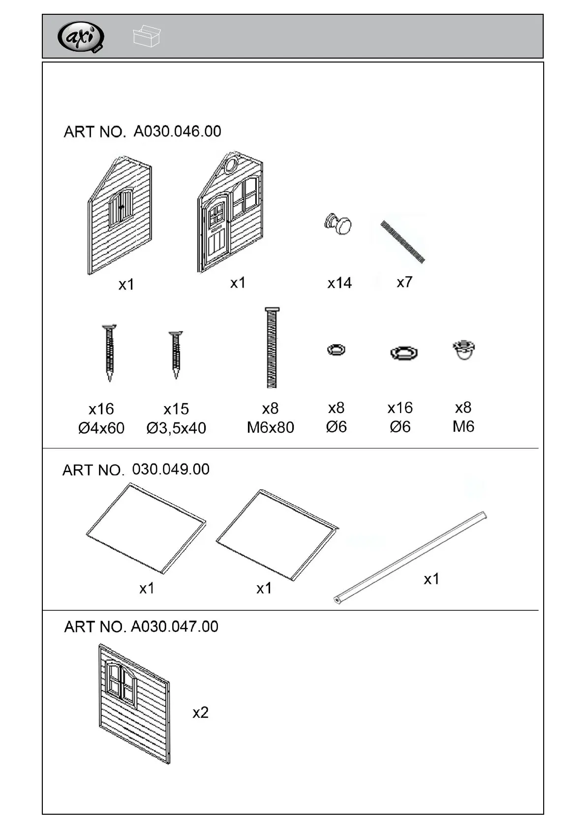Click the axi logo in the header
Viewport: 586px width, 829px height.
point(81,37)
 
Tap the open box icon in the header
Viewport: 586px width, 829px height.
point(147,36)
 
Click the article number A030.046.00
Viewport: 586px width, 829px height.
point(177,131)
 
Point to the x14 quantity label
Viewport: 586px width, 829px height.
point(339,283)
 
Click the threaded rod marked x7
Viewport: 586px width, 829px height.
point(402,242)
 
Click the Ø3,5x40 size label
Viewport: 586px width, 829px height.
point(176,428)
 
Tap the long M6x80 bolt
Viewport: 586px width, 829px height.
point(271,348)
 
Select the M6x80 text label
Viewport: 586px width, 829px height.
point(270,427)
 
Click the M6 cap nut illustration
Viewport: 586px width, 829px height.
point(463,350)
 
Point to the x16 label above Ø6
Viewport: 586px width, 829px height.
point(400,408)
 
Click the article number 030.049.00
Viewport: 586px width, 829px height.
point(171,469)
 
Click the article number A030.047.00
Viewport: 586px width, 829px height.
point(174,627)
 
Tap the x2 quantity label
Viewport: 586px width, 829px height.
point(200,712)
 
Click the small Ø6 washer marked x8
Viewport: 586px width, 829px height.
point(336,350)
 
